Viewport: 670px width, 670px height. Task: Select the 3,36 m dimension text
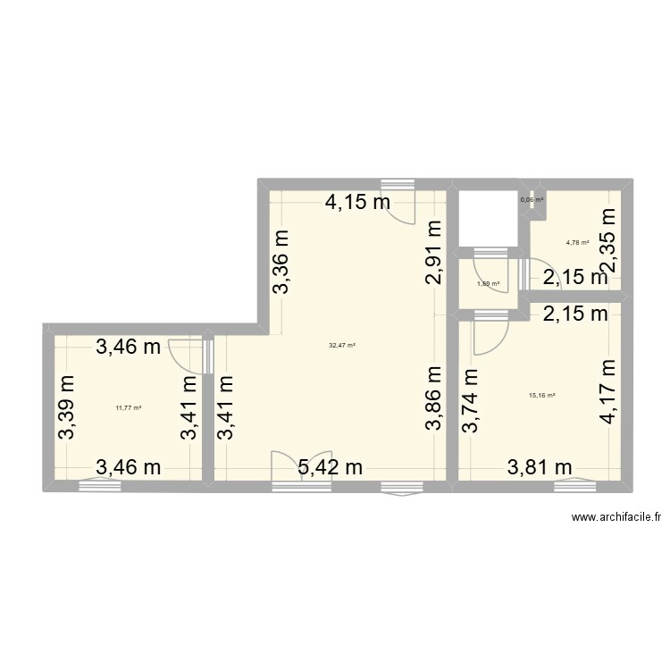(281, 261)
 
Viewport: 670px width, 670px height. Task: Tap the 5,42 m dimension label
(331, 466)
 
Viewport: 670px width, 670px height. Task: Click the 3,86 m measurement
(434, 398)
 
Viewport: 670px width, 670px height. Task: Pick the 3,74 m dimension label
(469, 403)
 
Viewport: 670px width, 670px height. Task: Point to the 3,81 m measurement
(540, 466)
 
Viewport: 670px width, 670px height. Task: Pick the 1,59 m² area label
(488, 284)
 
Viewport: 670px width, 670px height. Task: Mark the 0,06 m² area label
(532, 200)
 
